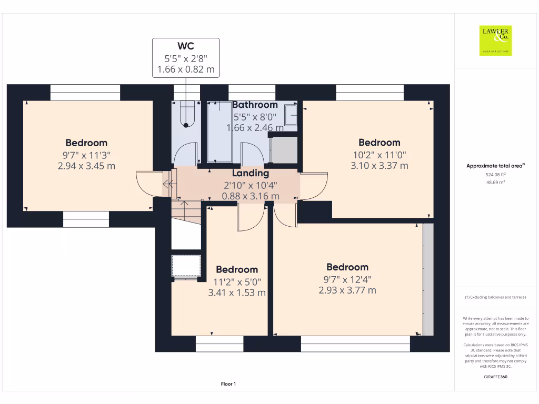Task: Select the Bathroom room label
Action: point(255,105)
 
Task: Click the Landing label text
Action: point(251,173)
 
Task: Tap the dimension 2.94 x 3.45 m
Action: point(86,166)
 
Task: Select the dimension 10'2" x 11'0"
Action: point(379,155)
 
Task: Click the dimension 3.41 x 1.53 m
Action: point(237,292)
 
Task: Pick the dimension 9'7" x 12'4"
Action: point(347,279)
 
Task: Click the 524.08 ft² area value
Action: point(495,174)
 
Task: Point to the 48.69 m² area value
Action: point(495,182)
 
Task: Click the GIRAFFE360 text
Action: point(495,377)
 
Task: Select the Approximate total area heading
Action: point(495,166)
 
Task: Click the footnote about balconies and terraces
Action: point(495,297)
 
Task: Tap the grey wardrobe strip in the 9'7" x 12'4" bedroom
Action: point(428,279)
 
